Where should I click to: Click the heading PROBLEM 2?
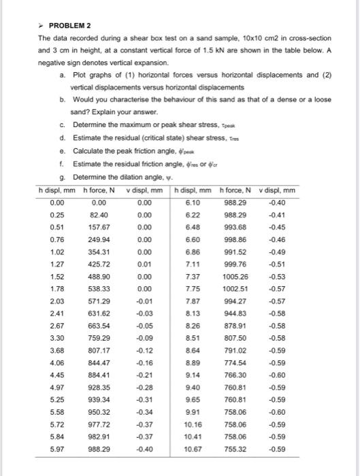tap(67, 24)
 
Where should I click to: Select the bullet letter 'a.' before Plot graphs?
tap(62, 74)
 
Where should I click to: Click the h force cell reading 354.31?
tap(99, 252)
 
